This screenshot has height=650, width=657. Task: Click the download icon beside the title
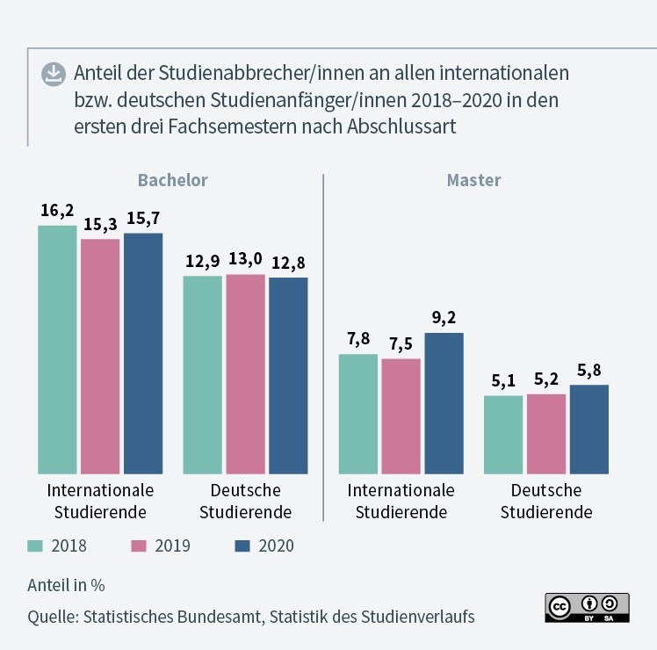(x=54, y=75)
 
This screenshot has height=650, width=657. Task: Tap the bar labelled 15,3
(x=100, y=356)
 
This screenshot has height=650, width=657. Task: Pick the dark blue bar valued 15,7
(x=143, y=352)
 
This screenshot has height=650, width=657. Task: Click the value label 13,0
(x=245, y=259)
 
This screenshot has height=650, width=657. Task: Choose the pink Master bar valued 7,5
(x=401, y=415)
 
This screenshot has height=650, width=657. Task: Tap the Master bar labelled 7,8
(x=358, y=414)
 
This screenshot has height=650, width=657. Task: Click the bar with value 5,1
(x=503, y=434)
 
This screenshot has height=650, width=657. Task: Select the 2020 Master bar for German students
(x=588, y=429)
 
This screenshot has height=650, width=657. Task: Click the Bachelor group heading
(x=172, y=180)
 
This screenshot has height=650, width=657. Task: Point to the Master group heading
(x=473, y=180)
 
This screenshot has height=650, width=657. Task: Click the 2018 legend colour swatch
(x=36, y=545)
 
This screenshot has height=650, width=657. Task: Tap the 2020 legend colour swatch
(x=243, y=545)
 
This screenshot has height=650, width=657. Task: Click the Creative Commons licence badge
(x=588, y=607)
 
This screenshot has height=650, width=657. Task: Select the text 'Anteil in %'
(x=67, y=585)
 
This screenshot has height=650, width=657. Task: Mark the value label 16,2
(x=57, y=211)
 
